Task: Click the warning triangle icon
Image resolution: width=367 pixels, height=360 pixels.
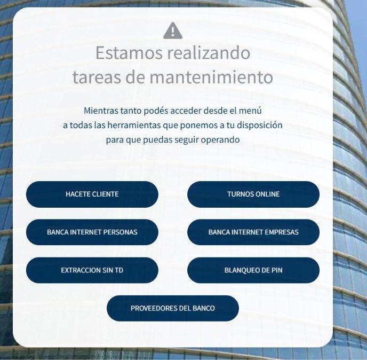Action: point(173,30)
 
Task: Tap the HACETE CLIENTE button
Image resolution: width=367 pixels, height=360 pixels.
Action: point(92,194)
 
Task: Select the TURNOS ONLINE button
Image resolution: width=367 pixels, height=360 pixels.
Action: point(253,194)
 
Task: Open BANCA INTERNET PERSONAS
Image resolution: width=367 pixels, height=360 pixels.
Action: point(92,232)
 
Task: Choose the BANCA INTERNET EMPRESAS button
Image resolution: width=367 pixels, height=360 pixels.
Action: point(253,232)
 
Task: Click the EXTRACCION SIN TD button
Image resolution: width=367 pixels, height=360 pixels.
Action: point(92,270)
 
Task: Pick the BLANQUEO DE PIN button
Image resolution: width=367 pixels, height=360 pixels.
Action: point(253,270)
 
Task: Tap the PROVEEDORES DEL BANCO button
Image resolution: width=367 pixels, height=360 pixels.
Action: point(173,308)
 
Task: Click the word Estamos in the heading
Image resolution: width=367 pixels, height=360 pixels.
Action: point(129,53)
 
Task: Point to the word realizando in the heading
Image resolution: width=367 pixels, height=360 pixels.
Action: point(209,53)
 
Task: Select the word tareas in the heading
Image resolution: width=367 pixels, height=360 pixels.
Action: point(97,77)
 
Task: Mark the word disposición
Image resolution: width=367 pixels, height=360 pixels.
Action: point(260,126)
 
